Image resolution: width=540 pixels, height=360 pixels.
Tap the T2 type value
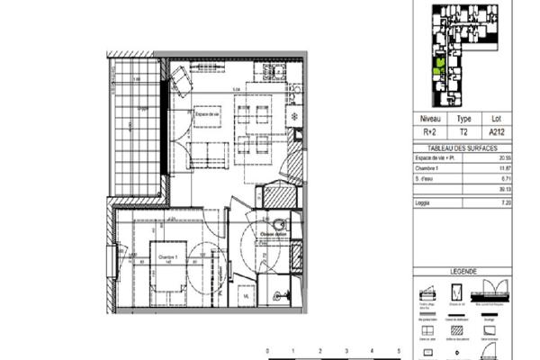pos(464,129)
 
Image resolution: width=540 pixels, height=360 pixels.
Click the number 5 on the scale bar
pos(399,351)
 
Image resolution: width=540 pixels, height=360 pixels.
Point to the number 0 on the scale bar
pos(267,351)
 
